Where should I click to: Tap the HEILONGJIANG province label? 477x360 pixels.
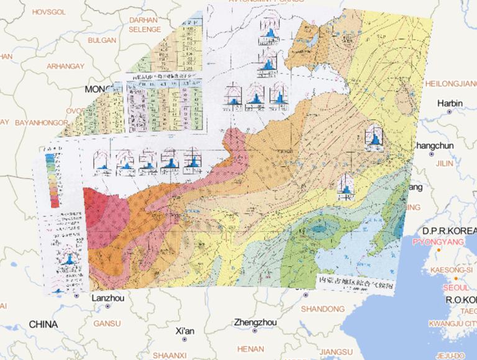[450, 83]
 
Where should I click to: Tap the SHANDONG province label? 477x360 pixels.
[322, 308]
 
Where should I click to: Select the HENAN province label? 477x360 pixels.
[250, 349]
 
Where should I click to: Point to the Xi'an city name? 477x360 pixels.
[185, 330]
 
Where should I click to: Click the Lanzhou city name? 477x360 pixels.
[108, 298]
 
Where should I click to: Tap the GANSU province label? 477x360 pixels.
[107, 323]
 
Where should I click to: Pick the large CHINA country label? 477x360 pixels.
[43, 325]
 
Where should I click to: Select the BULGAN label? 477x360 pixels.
[102, 40]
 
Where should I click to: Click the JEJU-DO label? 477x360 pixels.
[452, 355]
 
